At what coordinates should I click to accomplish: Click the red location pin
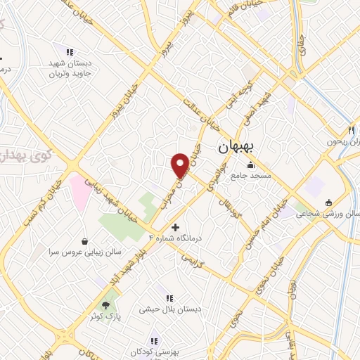tap(180, 165)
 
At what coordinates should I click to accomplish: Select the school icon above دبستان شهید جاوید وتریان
tap(70, 52)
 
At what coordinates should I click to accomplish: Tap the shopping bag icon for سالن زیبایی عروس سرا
tap(85, 240)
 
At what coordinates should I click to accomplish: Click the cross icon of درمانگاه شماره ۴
tap(175, 227)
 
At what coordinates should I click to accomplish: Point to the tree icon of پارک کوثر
tap(105, 305)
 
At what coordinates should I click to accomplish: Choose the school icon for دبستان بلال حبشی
tap(169, 298)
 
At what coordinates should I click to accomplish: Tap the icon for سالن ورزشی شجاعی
tap(328, 202)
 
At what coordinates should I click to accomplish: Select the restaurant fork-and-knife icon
tap(350, 130)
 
